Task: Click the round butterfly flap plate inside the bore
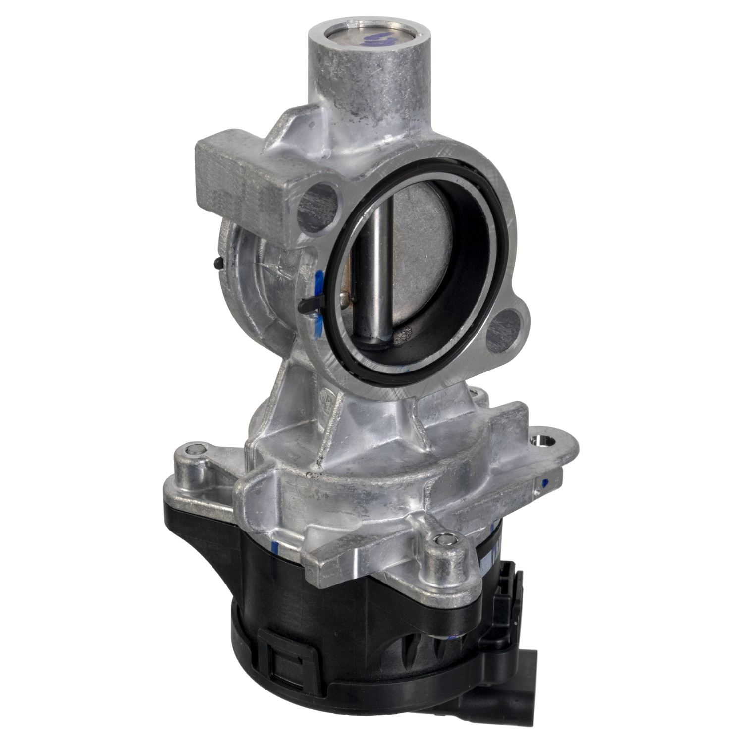(x=421, y=248)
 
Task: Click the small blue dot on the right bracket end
(x=545, y=482)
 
